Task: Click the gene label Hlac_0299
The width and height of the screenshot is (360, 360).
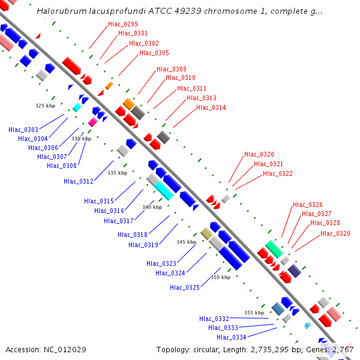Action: click(x=123, y=24)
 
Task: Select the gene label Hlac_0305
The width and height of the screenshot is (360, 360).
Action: click(x=154, y=53)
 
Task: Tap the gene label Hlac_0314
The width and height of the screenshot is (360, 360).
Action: click(x=211, y=108)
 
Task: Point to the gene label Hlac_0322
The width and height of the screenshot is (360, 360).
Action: click(x=278, y=174)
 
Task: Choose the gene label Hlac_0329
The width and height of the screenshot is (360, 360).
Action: click(x=335, y=233)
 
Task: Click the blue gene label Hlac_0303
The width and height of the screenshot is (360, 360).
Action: click(x=23, y=130)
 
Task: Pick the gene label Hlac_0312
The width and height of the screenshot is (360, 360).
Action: click(x=79, y=181)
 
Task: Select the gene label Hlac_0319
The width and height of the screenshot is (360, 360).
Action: click(x=143, y=244)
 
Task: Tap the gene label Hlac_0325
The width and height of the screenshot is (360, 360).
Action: click(x=185, y=287)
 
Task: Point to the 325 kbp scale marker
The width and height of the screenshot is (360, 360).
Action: click(x=45, y=106)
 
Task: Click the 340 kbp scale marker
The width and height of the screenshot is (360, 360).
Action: click(x=152, y=207)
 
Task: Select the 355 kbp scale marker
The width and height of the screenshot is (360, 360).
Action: click(x=254, y=313)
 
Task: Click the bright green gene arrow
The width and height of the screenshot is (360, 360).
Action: click(x=274, y=248)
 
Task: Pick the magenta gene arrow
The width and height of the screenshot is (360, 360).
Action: click(x=92, y=122)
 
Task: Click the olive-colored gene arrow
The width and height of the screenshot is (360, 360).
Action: click(x=206, y=233)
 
